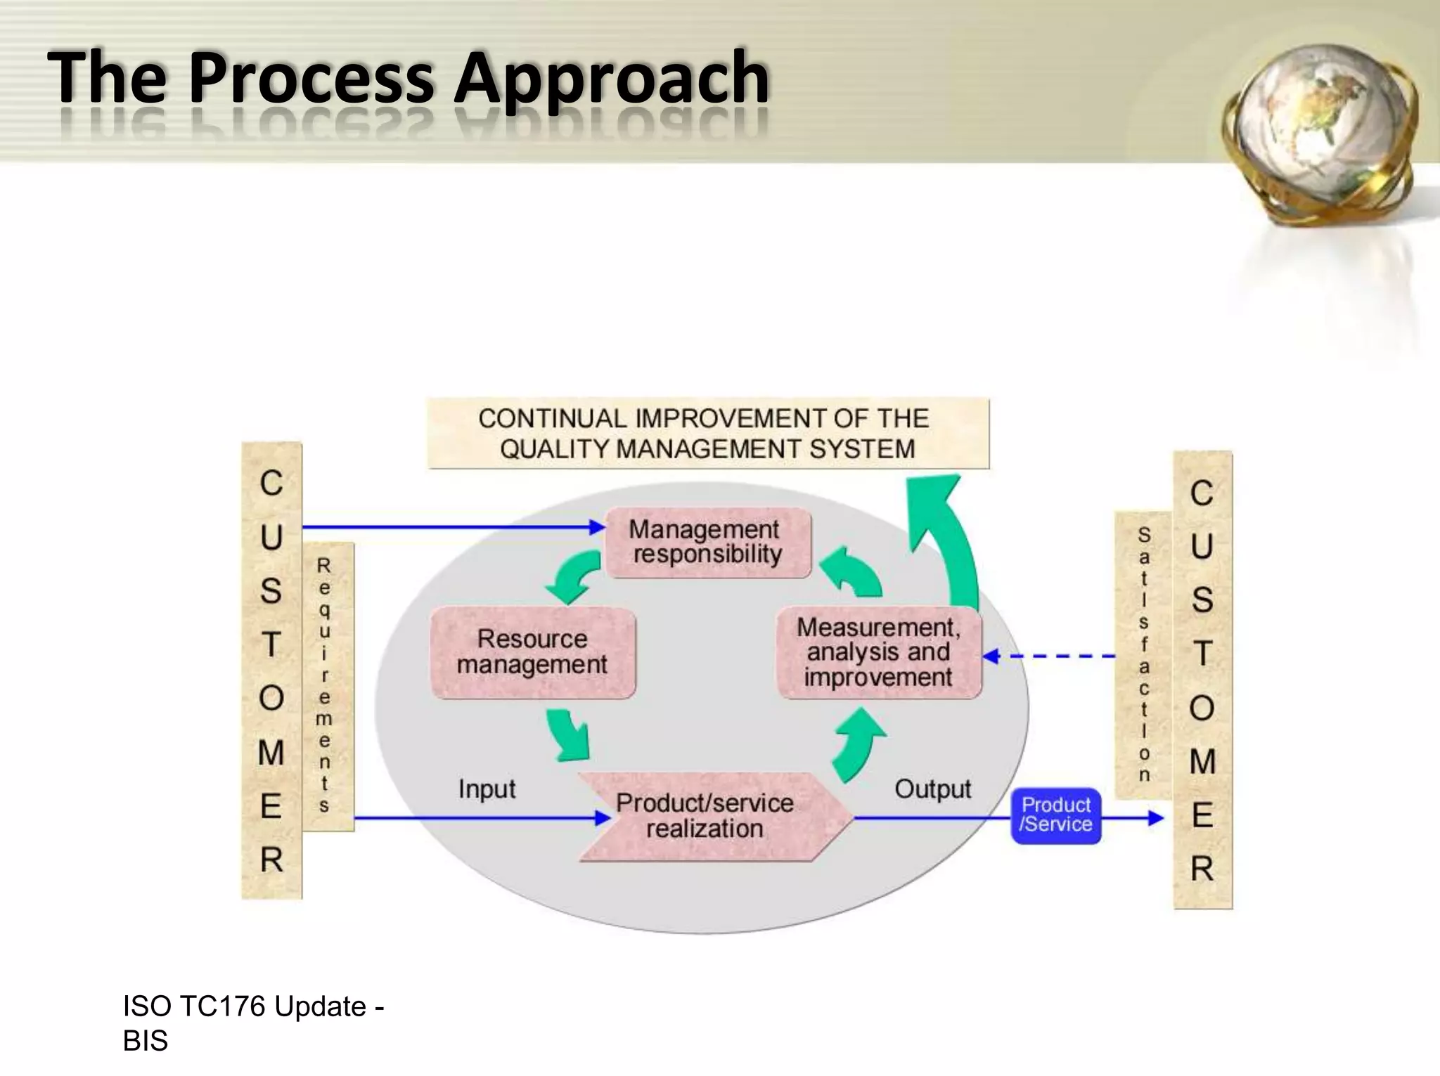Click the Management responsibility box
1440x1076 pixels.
click(x=707, y=543)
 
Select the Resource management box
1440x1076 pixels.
click(x=532, y=652)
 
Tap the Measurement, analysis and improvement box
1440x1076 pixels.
click(x=878, y=653)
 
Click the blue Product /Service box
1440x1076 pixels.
click(x=1055, y=815)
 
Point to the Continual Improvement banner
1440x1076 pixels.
click(x=707, y=434)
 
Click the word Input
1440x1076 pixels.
click(x=487, y=789)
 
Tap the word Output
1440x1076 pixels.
click(x=932, y=789)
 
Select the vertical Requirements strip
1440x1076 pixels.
click(x=324, y=685)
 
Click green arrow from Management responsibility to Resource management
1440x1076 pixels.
click(x=574, y=576)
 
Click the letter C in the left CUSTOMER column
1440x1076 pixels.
click(x=271, y=484)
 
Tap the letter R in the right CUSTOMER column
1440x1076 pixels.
click(x=1202, y=869)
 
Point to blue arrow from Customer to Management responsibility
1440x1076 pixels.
click(x=450, y=526)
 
